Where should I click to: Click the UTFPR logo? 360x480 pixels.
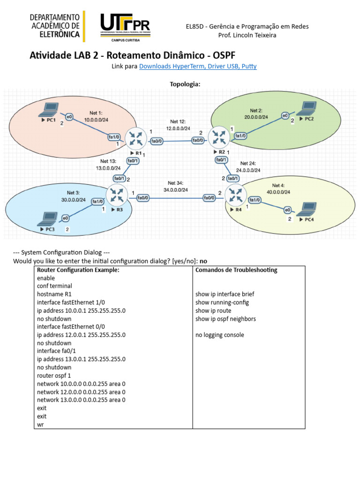(125, 27)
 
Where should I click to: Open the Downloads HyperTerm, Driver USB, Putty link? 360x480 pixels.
(198, 67)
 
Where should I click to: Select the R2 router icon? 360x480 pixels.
(218, 137)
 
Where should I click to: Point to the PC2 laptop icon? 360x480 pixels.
(307, 109)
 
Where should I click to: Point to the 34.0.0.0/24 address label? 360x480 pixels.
(176, 190)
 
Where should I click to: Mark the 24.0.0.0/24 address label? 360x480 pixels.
(248, 171)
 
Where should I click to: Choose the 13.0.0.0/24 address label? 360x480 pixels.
(108, 168)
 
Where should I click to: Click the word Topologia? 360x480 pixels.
(185, 84)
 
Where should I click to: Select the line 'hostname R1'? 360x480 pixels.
(52, 294)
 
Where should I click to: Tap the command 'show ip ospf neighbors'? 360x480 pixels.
(226, 319)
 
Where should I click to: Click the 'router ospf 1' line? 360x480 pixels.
(54, 375)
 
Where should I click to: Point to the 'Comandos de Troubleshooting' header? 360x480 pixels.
(236, 270)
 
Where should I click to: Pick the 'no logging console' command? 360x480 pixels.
(219, 335)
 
